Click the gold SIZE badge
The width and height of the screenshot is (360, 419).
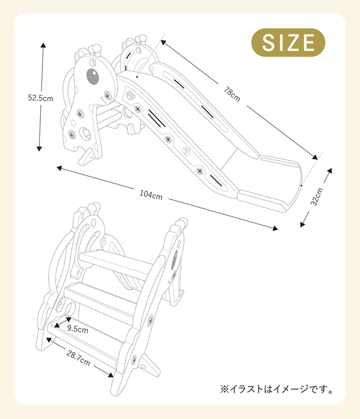[x=288, y=42]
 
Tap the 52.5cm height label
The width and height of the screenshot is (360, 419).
[x=41, y=98]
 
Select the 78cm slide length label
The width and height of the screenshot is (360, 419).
[x=232, y=94]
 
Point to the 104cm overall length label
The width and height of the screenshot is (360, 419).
[x=151, y=195]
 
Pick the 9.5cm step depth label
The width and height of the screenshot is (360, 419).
[x=78, y=329]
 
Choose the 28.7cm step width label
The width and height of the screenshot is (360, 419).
[x=78, y=358]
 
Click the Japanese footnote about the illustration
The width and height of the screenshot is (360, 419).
[x=277, y=389]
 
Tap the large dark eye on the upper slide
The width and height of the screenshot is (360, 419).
[x=92, y=76]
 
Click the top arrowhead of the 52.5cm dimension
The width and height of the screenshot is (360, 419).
[x=43, y=45]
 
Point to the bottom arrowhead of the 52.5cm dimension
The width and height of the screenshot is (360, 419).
[x=39, y=148]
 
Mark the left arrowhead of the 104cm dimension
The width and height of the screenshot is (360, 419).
[x=59, y=168]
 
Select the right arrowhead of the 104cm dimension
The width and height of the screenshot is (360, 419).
[x=275, y=228]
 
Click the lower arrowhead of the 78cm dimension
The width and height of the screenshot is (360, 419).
[x=315, y=157]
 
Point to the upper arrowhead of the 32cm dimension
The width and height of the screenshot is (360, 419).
[x=330, y=171]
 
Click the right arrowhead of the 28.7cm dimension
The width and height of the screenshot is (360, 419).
[x=111, y=374]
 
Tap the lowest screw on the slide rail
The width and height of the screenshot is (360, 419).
[x=200, y=171]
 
